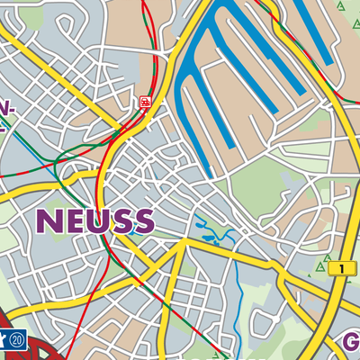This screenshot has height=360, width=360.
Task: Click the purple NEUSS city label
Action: click(x=95, y=220)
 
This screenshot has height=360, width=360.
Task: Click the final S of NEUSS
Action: click(x=143, y=220)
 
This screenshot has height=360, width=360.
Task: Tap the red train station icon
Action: click(x=144, y=103)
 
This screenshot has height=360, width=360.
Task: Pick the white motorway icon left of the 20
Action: click(x=5, y=340)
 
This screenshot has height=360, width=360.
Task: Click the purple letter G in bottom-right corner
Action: click(x=351, y=342)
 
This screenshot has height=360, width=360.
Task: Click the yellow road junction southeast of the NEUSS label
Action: click(x=184, y=241)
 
